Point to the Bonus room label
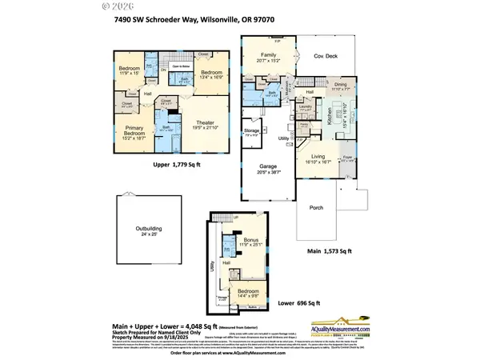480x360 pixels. click(x=251, y=242)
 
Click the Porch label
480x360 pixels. click(x=306, y=210)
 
